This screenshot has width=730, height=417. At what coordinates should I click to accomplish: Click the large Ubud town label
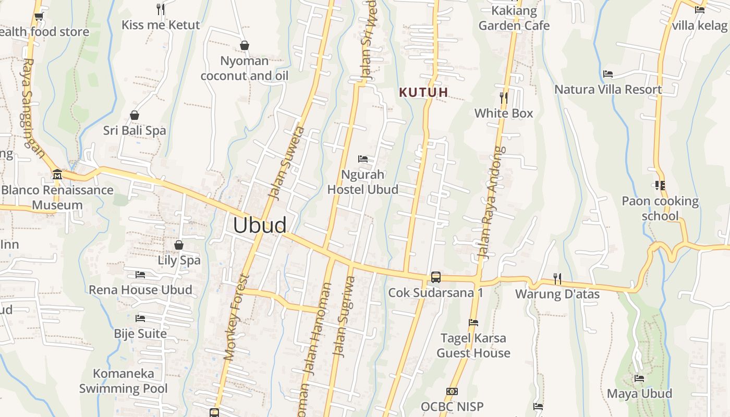[260, 225]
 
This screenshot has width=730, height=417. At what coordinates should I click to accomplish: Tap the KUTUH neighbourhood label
[423, 92]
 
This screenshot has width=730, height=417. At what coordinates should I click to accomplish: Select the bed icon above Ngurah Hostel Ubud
[363, 158]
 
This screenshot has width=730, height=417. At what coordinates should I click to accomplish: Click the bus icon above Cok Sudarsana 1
[436, 277]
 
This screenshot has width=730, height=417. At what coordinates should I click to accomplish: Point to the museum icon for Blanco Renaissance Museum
[57, 174]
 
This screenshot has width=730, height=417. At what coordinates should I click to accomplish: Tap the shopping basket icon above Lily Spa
[179, 244]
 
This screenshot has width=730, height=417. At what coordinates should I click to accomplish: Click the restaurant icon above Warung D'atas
[557, 279]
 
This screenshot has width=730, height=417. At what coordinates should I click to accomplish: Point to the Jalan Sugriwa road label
[344, 316]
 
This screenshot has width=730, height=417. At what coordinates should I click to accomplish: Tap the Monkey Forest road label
[237, 317]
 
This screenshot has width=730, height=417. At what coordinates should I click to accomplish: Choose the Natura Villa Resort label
[608, 89]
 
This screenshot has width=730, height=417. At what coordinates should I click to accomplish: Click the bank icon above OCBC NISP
[452, 391]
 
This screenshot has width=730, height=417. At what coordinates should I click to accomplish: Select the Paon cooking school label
[660, 208]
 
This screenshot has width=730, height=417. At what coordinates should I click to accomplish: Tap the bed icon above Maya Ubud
[639, 378]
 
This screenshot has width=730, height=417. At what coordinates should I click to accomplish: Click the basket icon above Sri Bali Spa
[135, 115]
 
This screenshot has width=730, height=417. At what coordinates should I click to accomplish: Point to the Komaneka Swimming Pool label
[124, 381]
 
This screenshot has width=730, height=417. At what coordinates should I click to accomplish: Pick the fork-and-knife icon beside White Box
[503, 97]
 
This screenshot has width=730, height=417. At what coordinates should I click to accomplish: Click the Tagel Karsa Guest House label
[473, 346]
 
